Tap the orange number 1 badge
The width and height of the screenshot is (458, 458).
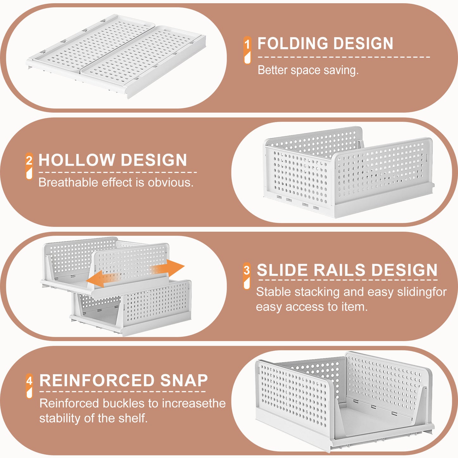click(x=248, y=50)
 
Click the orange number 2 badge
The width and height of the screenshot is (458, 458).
click(x=29, y=166)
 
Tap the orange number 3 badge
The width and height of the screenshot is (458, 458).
click(x=247, y=276)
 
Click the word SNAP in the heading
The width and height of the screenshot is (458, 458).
click(x=184, y=381)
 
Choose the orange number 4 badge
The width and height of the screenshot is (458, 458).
click(x=29, y=386)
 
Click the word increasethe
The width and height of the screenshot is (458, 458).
click(x=194, y=403)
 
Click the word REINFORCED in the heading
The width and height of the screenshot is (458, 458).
click(x=97, y=381)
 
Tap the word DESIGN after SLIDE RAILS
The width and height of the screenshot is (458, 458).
click(x=404, y=270)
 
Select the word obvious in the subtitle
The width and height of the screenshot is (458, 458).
click(x=171, y=183)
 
